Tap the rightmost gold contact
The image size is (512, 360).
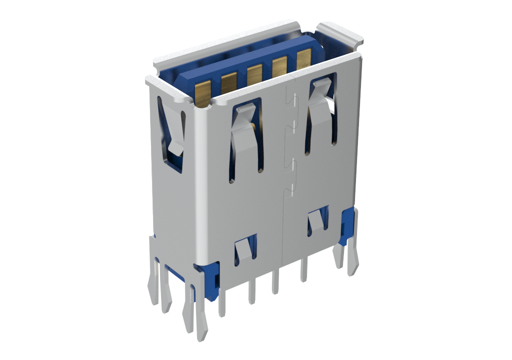tap(303, 58)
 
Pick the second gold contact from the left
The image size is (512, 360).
tap(229, 83)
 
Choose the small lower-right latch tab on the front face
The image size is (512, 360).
tap(317, 220)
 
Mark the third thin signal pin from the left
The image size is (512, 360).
tap(275, 282)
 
